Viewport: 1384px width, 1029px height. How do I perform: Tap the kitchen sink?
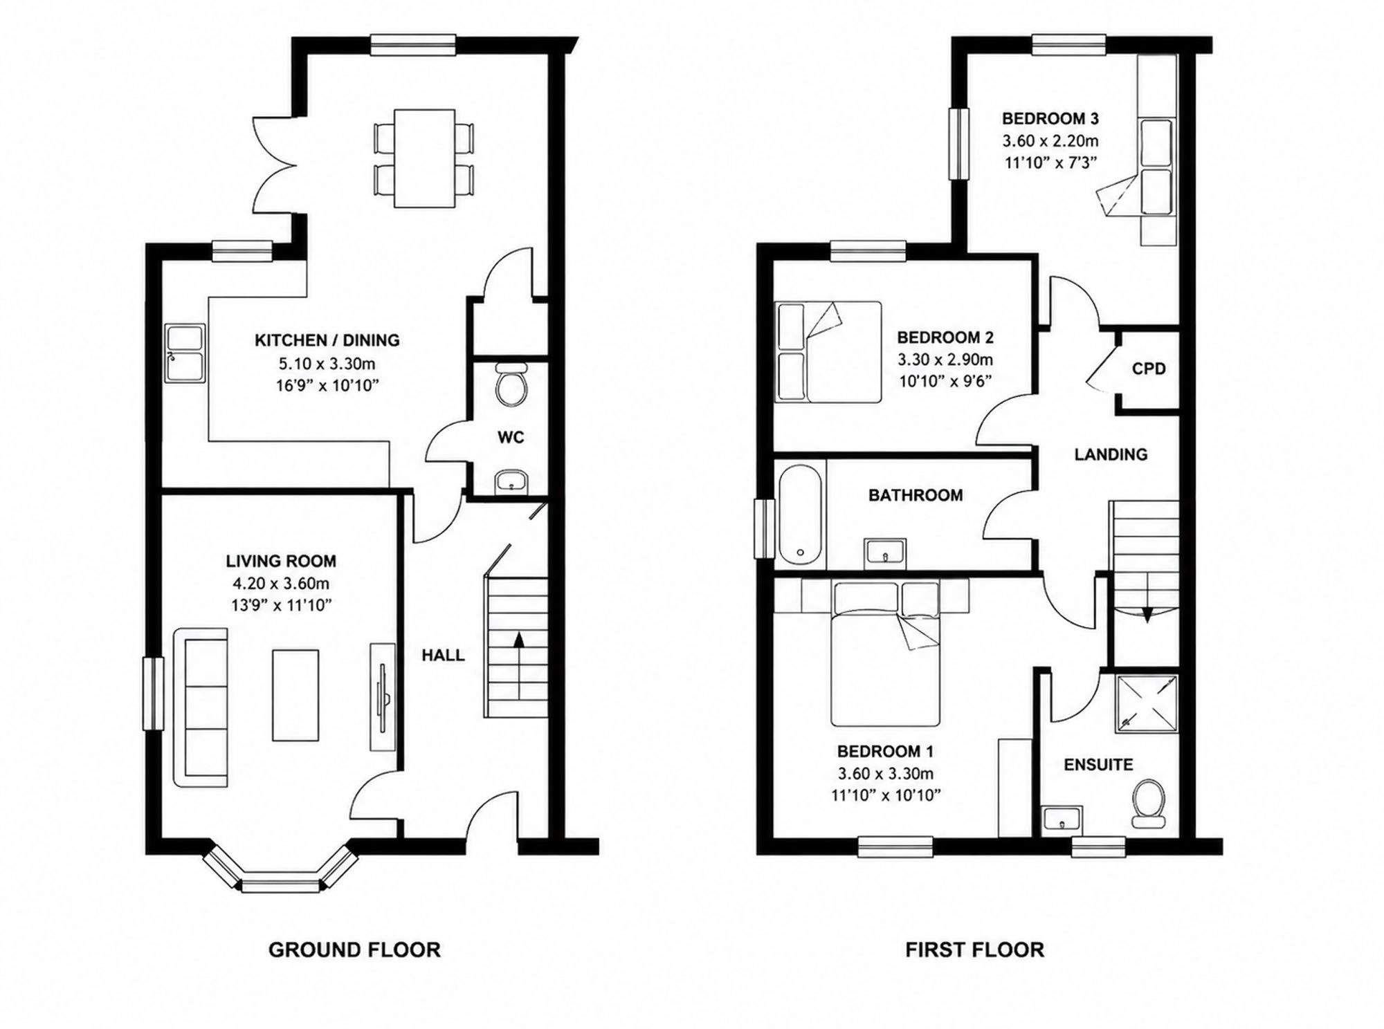coord(185,353)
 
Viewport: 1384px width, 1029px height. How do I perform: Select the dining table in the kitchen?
coord(424,158)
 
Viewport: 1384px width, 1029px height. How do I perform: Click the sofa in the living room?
coord(200,707)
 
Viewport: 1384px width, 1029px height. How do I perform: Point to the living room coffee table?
coord(296,695)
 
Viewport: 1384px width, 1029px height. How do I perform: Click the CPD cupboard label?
coord(1149,369)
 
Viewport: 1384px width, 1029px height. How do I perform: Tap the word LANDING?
coord(1111,454)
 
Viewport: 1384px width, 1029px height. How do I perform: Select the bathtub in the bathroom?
coord(800,514)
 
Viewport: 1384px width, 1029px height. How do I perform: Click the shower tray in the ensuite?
coord(1146,703)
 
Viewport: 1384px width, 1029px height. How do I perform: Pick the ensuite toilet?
coord(1149,804)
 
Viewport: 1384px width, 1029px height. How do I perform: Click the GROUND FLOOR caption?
coord(354,949)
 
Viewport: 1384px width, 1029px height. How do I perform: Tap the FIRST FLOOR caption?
coord(974,949)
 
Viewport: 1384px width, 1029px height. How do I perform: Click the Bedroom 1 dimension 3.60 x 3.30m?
coord(885,773)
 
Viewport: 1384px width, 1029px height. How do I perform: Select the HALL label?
coord(443,655)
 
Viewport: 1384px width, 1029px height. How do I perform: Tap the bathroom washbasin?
coord(885,553)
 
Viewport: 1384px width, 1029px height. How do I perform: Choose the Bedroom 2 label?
coord(945,337)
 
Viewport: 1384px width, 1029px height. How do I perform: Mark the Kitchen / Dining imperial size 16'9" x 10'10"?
coord(327,385)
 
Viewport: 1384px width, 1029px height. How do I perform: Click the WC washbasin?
coord(512,481)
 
